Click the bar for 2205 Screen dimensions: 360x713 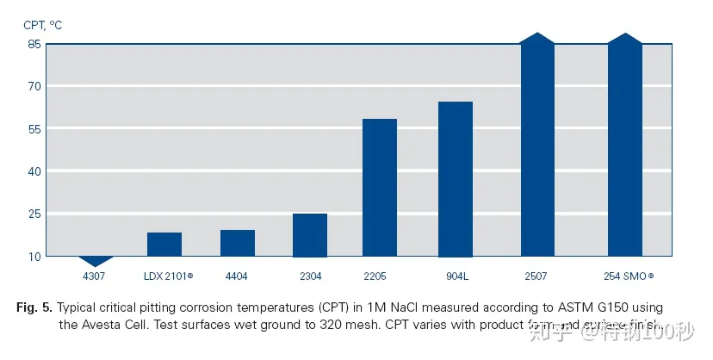coord(380,188)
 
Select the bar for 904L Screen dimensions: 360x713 coord(456,179)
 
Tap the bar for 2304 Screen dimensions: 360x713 coord(310,235)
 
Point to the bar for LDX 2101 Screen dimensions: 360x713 coord(164,245)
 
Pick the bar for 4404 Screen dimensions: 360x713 coord(238,243)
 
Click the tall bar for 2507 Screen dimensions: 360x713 coord(538,146)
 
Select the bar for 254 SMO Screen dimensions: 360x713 coord(625,146)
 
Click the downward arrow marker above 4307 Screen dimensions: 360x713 coord(96,261)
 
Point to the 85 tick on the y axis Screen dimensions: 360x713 coord(34,44)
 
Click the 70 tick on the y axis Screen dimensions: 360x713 coord(34,86)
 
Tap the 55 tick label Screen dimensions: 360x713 coord(34,129)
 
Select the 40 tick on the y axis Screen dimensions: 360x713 coord(34,171)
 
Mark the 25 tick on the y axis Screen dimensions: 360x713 coord(34,214)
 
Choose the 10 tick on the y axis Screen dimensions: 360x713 coord(34,256)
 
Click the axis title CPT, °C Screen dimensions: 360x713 coord(43,24)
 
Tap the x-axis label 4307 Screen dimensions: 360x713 coord(93,276)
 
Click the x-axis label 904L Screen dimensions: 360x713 coord(456,276)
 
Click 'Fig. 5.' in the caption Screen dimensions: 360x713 coord(35,307)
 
